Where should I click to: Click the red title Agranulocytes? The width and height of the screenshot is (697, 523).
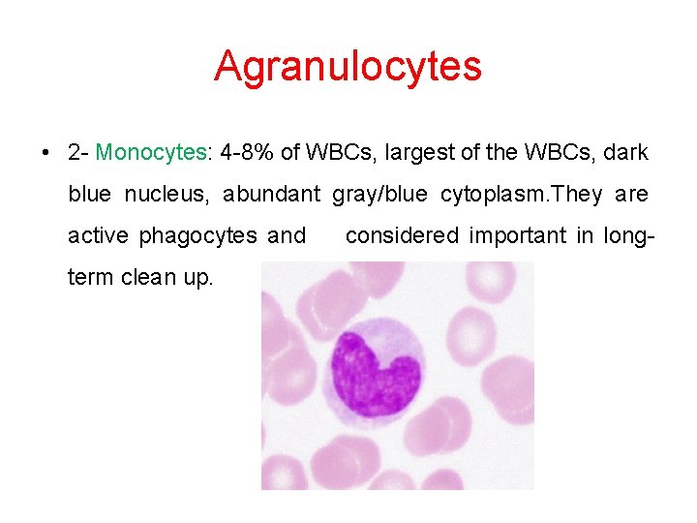[348, 66]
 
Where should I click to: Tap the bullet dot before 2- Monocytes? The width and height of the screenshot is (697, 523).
[46, 153]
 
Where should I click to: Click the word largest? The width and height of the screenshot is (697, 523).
[422, 153]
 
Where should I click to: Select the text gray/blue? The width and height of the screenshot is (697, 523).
[379, 195]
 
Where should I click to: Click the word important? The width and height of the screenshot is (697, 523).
[521, 235]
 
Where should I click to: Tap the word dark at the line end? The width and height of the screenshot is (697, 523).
[627, 153]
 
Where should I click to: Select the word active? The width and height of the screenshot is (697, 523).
[99, 235]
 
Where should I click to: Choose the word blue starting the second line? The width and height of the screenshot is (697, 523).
[89, 195]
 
